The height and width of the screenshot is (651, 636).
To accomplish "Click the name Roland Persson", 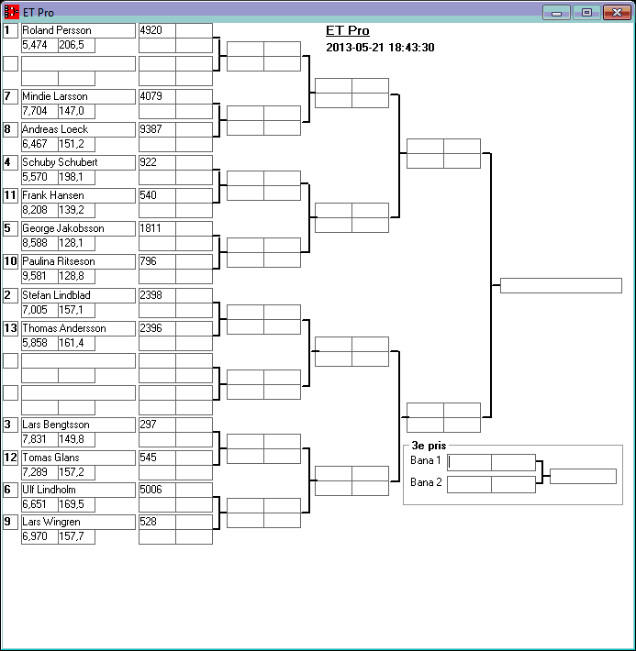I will pyautogui.click(x=56, y=30).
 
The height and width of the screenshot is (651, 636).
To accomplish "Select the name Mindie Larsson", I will pyautogui.click(x=55, y=96).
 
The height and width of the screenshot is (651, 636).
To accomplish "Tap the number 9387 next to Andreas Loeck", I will pyautogui.click(x=151, y=129).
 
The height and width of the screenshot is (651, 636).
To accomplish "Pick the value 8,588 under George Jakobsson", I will pyautogui.click(x=34, y=243).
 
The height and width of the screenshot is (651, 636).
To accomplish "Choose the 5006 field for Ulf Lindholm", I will pyautogui.click(x=151, y=491).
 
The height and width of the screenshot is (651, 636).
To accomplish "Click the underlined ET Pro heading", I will pyautogui.click(x=347, y=31).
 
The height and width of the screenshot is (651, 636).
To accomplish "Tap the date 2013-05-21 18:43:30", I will pyautogui.click(x=380, y=48).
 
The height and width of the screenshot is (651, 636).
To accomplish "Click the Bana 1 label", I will pyautogui.click(x=426, y=460).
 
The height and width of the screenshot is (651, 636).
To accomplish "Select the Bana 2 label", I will pyautogui.click(x=426, y=482).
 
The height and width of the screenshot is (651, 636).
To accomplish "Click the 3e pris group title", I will pyautogui.click(x=429, y=446).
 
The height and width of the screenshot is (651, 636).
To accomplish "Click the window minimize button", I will pyautogui.click(x=556, y=13).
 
